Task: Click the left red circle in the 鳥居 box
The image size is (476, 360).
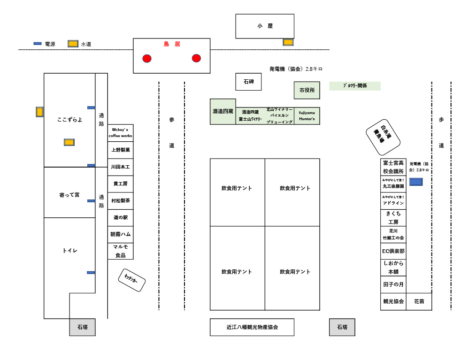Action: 147,59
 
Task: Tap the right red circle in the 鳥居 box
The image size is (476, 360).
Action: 196,58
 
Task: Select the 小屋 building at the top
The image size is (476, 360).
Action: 265,26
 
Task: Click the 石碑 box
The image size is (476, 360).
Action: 248,82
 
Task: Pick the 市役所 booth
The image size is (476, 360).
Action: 307,90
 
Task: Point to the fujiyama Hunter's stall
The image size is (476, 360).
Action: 307,116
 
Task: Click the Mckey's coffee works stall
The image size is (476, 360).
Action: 121,133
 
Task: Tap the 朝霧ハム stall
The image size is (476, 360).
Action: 121,234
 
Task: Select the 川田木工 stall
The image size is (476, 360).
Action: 121,167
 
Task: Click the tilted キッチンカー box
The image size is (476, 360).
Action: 131,280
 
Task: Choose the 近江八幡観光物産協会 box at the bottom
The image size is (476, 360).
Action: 252,327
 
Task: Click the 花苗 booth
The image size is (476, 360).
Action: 419,301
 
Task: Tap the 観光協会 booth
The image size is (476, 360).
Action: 393,301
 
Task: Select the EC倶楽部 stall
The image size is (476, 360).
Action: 393,251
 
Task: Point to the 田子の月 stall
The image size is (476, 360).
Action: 393,284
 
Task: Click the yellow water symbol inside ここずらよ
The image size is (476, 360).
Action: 69,142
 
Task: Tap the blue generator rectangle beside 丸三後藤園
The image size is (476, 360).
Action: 416,182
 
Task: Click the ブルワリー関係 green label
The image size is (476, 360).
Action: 355,86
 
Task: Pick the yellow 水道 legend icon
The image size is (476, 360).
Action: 73,44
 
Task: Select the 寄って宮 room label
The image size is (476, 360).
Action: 69,195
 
